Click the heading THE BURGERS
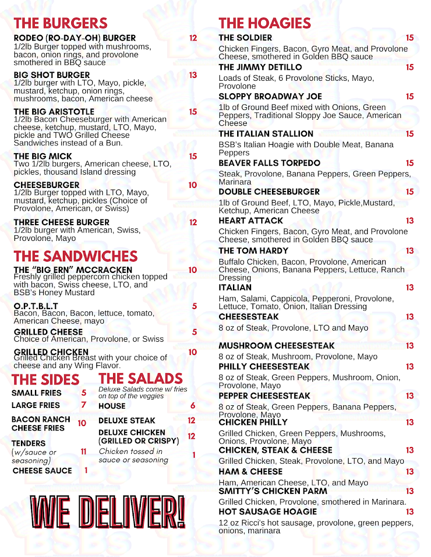click(60, 23)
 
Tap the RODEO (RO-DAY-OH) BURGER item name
click(75, 38)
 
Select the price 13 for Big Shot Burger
click(193, 75)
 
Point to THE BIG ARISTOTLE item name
click(54, 112)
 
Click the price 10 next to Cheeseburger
click(192, 185)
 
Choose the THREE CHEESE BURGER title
click(61, 222)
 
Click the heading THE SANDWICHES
click(75, 256)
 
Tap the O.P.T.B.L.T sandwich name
click(36, 306)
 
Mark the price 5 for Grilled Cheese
click(194, 332)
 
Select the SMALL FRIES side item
click(36, 393)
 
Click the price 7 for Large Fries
click(84, 405)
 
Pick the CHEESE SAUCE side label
click(42, 471)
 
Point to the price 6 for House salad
click(192, 406)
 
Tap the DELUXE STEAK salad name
click(126, 421)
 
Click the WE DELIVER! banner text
click(108, 512)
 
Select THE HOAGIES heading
click(265, 23)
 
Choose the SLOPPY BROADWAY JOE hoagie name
click(270, 97)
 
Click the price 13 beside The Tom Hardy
click(409, 251)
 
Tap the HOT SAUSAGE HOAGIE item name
click(267, 512)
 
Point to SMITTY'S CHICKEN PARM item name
click(273, 491)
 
